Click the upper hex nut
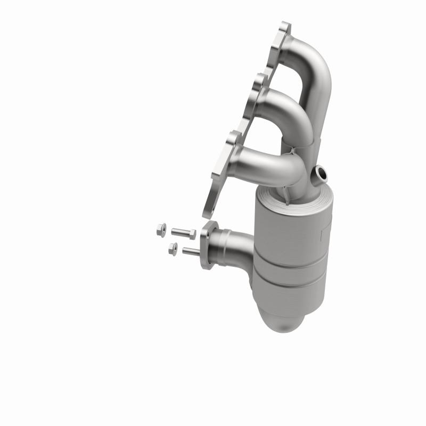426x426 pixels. tap(160, 231)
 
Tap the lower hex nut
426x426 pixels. tap(172, 248)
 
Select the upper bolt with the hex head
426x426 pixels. tap(184, 232)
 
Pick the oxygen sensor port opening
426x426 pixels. tap(321, 172)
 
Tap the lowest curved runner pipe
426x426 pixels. tap(272, 160)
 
